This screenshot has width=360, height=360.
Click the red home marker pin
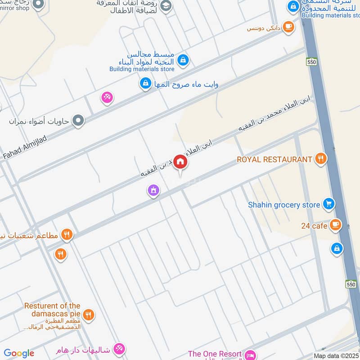tap(180, 162)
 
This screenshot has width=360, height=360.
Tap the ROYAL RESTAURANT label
tap(274, 159)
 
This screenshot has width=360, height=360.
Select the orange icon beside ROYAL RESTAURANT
tap(321, 158)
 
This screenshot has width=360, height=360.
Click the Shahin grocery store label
tap(284, 205)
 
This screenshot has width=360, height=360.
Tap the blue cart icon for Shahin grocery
tap(329, 204)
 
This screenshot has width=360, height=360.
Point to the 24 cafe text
tap(314, 225)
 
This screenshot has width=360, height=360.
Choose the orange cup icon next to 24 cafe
tap(335, 225)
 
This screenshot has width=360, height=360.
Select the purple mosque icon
tap(153, 191)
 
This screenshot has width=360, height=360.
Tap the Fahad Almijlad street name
tap(25, 147)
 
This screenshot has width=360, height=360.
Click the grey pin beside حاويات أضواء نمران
tap(79, 121)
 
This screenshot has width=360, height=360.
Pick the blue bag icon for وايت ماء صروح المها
tap(145, 83)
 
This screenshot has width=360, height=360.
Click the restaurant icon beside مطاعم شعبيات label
tap(67, 234)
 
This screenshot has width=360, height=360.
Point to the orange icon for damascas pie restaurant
tap(89, 315)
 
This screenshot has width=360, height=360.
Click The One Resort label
tap(215, 354)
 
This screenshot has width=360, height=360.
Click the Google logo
tap(19, 353)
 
